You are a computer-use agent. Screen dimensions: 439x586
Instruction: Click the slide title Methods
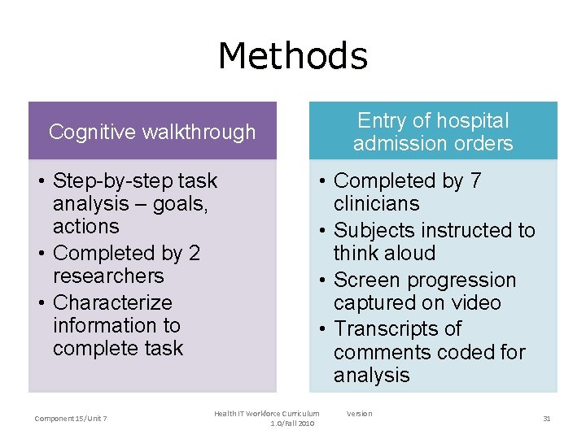[x=293, y=56]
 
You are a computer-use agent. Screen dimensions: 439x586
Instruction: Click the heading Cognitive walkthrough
[x=152, y=132]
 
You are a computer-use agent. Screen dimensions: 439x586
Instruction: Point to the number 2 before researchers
[x=194, y=254]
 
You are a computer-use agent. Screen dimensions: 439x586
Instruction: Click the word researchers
[x=108, y=276]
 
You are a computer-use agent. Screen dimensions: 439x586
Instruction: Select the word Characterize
[x=112, y=302]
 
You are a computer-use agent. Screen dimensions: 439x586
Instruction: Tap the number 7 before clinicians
[x=475, y=180]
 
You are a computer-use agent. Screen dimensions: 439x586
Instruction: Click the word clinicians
[x=376, y=203]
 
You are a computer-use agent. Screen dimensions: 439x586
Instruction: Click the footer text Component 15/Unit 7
[x=71, y=419]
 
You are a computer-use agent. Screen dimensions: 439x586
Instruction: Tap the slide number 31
[x=547, y=418]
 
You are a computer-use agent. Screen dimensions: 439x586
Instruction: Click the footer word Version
[x=359, y=414]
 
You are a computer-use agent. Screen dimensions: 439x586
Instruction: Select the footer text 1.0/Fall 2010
[x=294, y=424]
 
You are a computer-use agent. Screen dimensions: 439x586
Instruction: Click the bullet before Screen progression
[x=322, y=280]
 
